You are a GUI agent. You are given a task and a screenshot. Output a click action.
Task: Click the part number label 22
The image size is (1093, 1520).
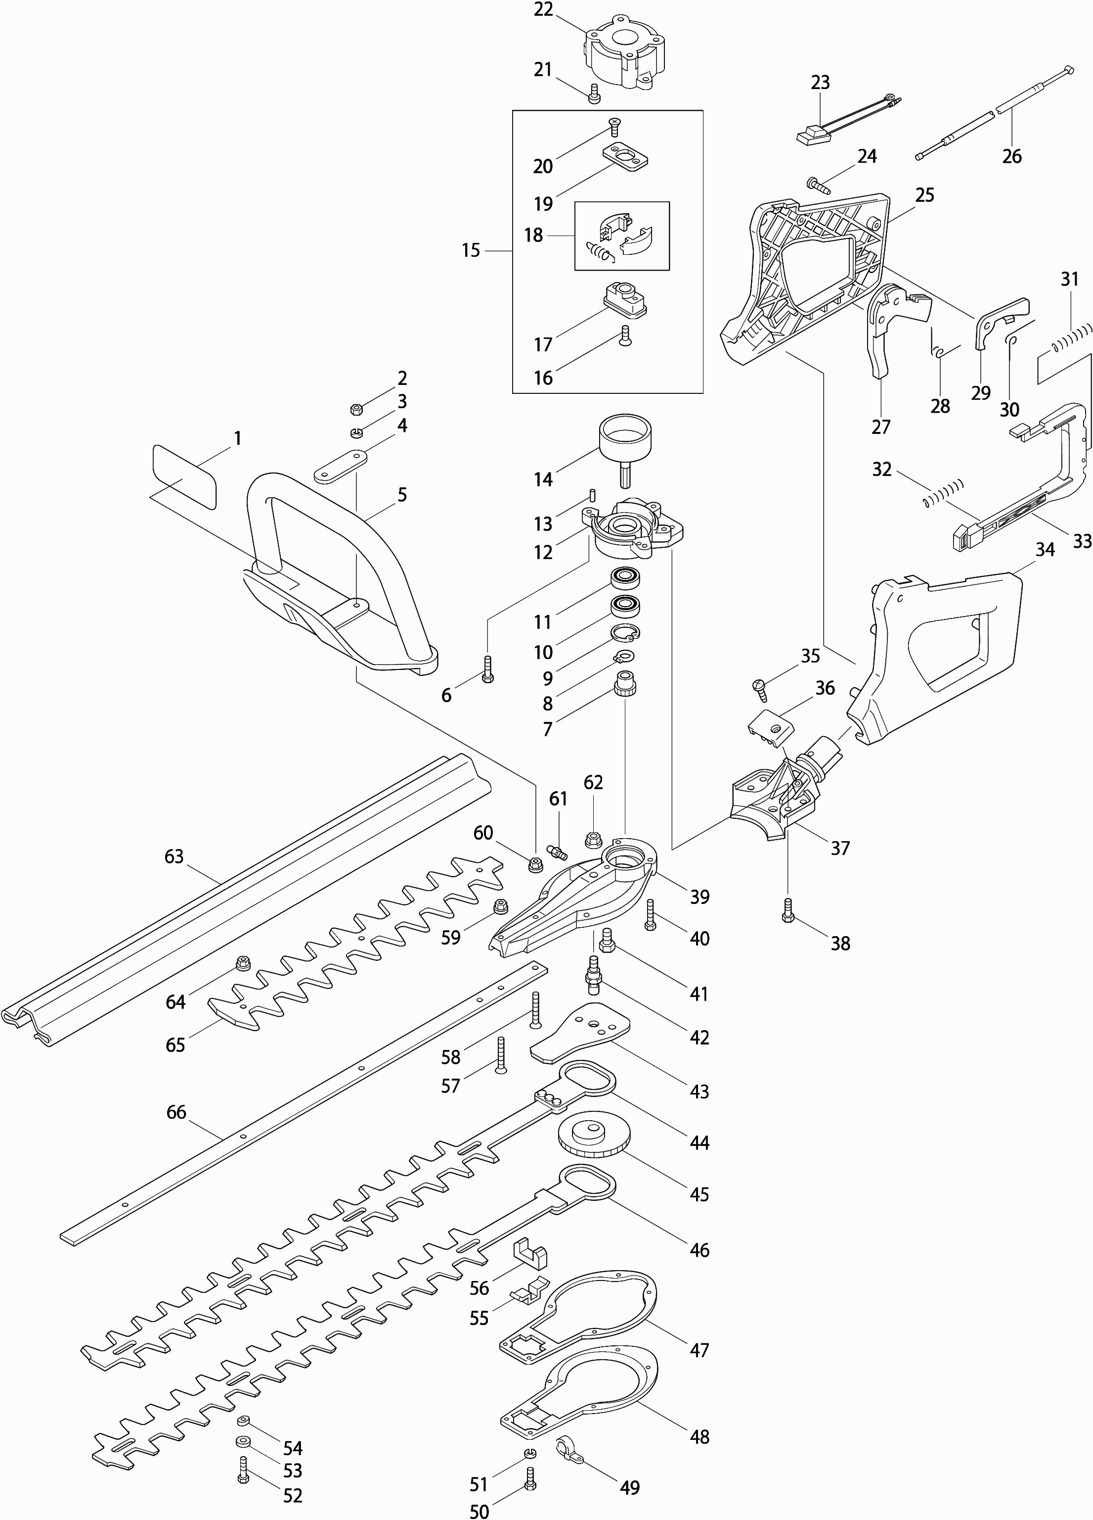coord(543,11)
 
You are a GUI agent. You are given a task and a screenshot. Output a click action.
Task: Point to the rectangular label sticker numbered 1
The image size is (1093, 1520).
coord(185,476)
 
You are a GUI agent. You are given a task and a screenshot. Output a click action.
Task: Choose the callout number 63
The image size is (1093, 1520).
coord(174,856)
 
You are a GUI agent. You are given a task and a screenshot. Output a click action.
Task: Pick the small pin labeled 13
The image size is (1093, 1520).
coord(592,495)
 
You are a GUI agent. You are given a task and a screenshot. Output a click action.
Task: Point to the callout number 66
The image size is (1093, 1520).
coord(176,1112)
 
